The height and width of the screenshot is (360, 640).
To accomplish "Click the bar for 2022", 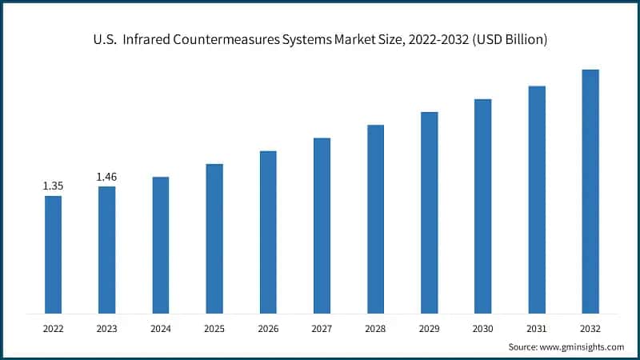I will (53, 254).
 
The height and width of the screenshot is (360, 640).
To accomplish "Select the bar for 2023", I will (106, 250).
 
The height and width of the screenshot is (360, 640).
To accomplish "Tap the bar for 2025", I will (214, 238).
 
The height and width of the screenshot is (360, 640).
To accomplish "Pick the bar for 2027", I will (322, 226).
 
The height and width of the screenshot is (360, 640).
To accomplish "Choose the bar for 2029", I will (430, 212).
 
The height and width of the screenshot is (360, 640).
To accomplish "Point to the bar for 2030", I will (482, 206).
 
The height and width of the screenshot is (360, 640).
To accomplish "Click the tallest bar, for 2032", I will (590, 191).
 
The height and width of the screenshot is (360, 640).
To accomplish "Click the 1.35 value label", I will (53, 186).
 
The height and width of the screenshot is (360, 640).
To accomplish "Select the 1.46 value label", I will (106, 176).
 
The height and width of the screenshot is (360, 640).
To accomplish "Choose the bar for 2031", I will (537, 199).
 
